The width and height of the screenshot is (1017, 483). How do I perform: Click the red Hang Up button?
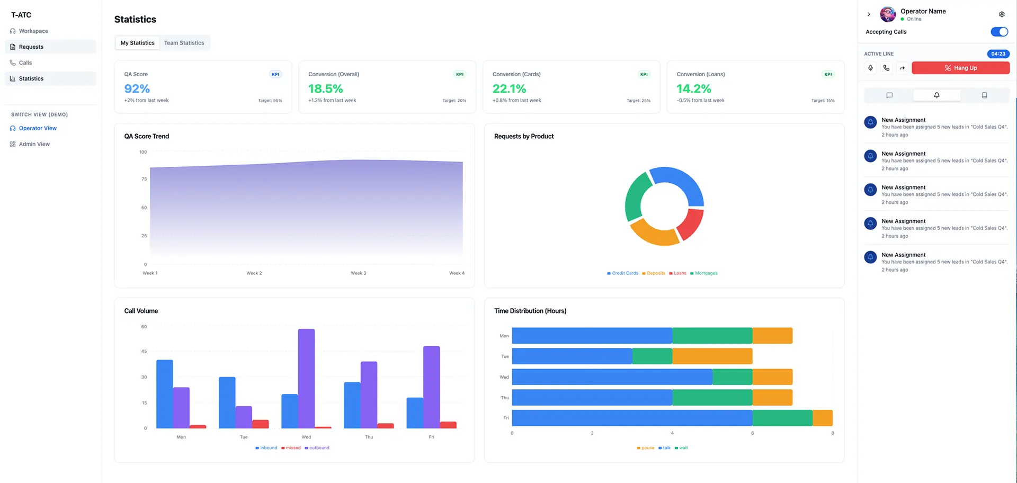[x=960, y=68]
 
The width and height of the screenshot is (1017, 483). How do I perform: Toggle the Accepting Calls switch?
[x=999, y=32]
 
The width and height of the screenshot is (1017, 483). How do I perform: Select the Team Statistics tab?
[x=184, y=43]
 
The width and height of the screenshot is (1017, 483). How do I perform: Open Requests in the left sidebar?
[x=31, y=47]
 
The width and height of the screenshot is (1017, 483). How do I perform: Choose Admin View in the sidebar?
[x=34, y=144]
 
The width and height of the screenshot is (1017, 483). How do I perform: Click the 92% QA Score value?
[x=137, y=89]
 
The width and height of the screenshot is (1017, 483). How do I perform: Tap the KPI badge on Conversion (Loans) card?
[x=828, y=74]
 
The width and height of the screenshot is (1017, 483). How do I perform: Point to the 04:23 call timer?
[x=998, y=54]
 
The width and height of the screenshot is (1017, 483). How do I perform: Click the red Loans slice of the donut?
[x=691, y=225]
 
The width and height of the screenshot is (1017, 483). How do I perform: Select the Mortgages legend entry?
[x=706, y=273]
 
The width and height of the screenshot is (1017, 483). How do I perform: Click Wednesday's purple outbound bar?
[x=306, y=378]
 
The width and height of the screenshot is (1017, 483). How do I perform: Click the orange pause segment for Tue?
[x=712, y=356]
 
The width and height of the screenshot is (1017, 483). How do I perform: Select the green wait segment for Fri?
[x=782, y=418]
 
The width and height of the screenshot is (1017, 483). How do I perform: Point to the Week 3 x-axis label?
[x=359, y=273]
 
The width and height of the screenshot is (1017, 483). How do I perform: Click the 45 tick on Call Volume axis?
[x=144, y=352]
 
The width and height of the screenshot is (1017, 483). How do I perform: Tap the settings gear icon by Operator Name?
[x=1002, y=14]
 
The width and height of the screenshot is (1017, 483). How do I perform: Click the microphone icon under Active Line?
[x=870, y=68]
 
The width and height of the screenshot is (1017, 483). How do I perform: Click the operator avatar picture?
[x=888, y=14]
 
